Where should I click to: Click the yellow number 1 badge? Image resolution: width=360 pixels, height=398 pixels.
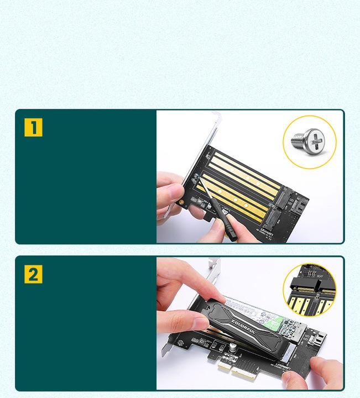click(x=33, y=127)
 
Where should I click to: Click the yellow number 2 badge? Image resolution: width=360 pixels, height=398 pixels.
click(x=33, y=274)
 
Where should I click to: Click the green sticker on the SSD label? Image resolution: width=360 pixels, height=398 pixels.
click(x=270, y=325)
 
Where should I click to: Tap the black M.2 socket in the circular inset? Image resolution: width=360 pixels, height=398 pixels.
click(x=302, y=286)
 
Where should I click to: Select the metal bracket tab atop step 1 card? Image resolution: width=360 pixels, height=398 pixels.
click(x=215, y=119)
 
